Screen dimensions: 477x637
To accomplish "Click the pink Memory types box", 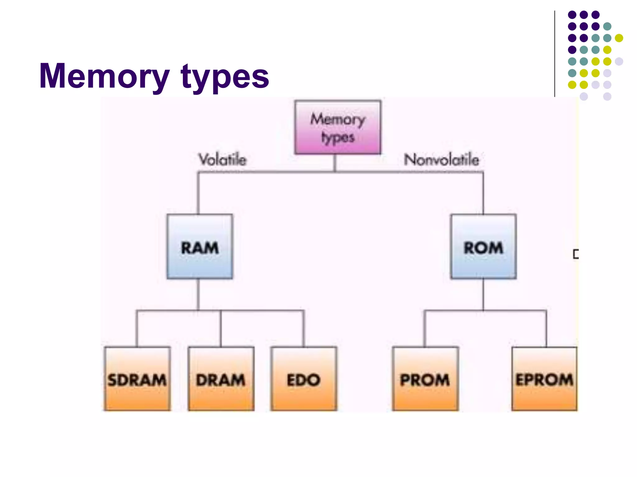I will pyautogui.click(x=337, y=127).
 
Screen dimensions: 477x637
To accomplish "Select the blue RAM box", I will pyautogui.click(x=199, y=246).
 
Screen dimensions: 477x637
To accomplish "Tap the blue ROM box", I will pyautogui.click(x=483, y=246).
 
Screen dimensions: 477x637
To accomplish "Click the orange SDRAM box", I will pyautogui.click(x=137, y=379).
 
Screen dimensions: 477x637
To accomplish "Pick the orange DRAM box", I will pyautogui.click(x=221, y=379).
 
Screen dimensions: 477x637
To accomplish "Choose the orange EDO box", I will pyautogui.click(x=304, y=379).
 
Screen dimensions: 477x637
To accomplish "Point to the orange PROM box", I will pyautogui.click(x=425, y=379).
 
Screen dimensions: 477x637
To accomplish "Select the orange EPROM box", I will pyautogui.click(x=544, y=379).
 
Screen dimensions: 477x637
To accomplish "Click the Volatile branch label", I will pyautogui.click(x=222, y=160).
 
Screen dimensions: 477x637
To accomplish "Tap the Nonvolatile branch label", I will pyautogui.click(x=441, y=160).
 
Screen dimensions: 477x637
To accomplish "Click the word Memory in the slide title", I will pyautogui.click(x=104, y=76).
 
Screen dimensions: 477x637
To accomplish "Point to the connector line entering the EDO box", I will pyautogui.click(x=304, y=329).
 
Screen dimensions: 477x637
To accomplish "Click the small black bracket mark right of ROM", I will pyautogui.click(x=576, y=254).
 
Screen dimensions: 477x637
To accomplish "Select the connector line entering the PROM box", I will pyautogui.click(x=425, y=329).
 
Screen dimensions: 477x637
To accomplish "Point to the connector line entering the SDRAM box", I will pyautogui.click(x=137, y=329).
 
